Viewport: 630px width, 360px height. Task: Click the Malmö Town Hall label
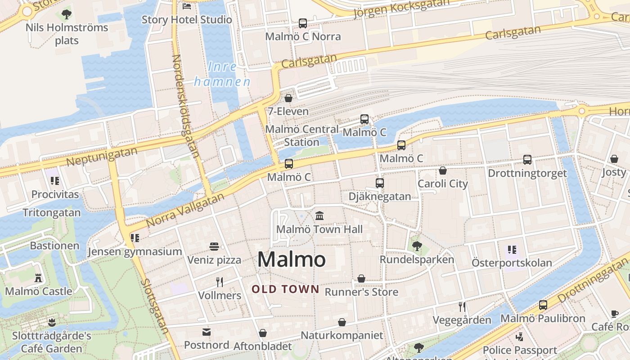(x=319, y=229)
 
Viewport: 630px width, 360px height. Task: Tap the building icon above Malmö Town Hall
(x=319, y=216)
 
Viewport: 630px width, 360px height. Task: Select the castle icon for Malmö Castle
(x=38, y=278)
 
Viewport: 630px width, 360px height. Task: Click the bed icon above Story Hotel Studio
(x=187, y=6)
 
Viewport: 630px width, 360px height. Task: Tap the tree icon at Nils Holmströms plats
(x=67, y=14)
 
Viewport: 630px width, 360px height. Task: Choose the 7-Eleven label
(x=288, y=111)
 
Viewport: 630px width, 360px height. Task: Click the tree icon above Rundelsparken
(x=417, y=246)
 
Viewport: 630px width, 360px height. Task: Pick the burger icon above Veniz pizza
(x=214, y=247)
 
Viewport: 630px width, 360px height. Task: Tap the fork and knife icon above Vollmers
(x=220, y=282)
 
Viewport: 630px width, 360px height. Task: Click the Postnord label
(x=207, y=345)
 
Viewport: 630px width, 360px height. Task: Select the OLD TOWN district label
(x=285, y=289)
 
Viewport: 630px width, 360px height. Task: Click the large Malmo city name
(x=292, y=260)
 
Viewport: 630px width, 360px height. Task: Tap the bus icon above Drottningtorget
(x=527, y=160)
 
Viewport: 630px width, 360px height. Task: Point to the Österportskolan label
(x=512, y=262)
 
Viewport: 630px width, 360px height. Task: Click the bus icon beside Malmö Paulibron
(x=543, y=305)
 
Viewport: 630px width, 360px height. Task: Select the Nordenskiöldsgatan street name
(x=186, y=106)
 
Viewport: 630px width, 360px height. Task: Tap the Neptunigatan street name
(x=102, y=156)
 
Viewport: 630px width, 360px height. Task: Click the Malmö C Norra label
(x=303, y=36)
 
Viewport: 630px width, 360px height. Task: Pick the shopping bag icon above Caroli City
(x=443, y=171)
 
